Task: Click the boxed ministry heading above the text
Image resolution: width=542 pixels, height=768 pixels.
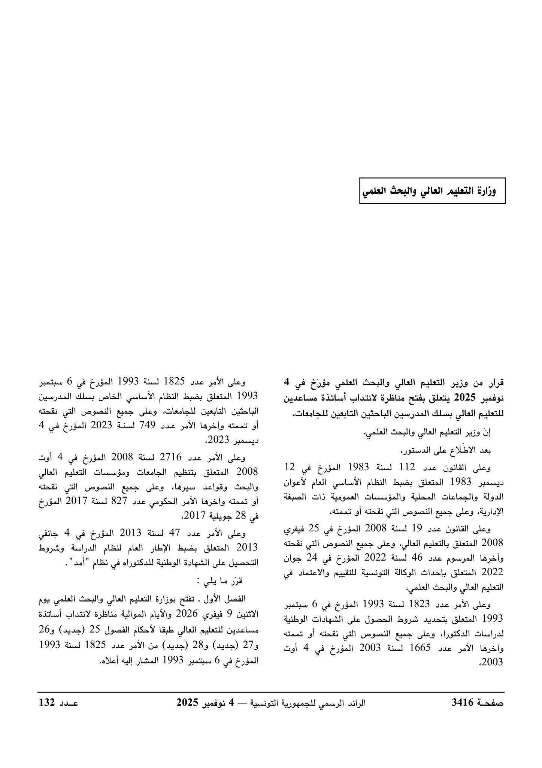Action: [432, 191]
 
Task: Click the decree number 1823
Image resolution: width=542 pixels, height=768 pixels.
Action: [421, 605]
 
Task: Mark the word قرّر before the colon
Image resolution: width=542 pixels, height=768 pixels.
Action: [236, 581]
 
